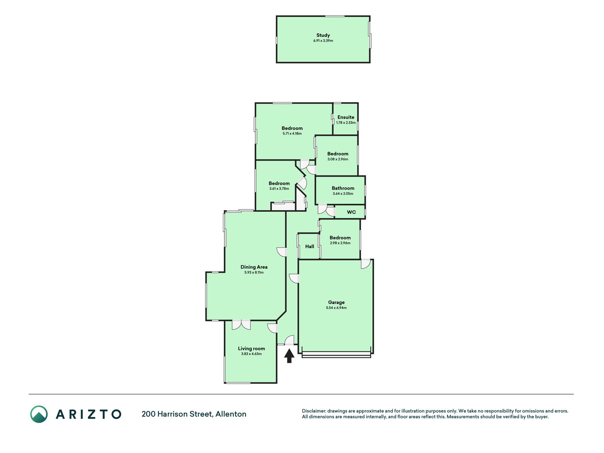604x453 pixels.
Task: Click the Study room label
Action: (323, 35)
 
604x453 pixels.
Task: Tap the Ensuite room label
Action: (346, 117)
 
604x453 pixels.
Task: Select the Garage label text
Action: (336, 302)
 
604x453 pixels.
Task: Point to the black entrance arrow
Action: (289, 356)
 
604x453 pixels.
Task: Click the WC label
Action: (351, 212)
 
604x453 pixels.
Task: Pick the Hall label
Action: (310, 246)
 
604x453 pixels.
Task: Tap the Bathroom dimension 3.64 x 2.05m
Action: (343, 194)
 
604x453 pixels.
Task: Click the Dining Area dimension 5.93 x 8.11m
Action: (254, 273)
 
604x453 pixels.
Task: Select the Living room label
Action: (251, 349)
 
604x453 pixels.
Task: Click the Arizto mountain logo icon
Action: (39, 414)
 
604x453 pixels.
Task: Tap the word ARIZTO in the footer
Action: (88, 414)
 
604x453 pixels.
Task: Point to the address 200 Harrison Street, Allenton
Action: (194, 414)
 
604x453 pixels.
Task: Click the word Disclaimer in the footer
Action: (313, 411)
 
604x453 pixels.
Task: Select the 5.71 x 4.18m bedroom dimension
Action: (292, 133)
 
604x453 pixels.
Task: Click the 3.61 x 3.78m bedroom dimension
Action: (279, 189)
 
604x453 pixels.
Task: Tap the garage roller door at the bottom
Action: (336, 355)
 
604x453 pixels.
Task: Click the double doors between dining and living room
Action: (241, 325)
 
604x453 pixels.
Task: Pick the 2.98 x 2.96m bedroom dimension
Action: (340, 243)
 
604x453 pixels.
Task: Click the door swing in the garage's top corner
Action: (366, 264)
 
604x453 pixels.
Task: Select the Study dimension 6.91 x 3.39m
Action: (323, 41)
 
